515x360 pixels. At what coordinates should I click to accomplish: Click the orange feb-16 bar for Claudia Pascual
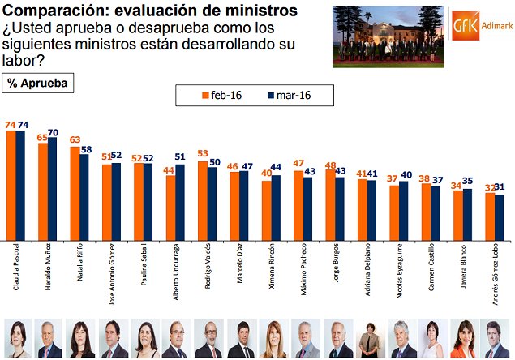coord(11,185)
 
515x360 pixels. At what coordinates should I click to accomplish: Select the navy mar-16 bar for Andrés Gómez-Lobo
coord(499,218)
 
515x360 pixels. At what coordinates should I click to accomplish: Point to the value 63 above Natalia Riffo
coord(75,140)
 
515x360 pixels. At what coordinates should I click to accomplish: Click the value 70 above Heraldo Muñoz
coord(54,132)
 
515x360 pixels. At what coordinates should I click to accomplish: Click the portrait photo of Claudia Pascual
coord(18,338)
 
